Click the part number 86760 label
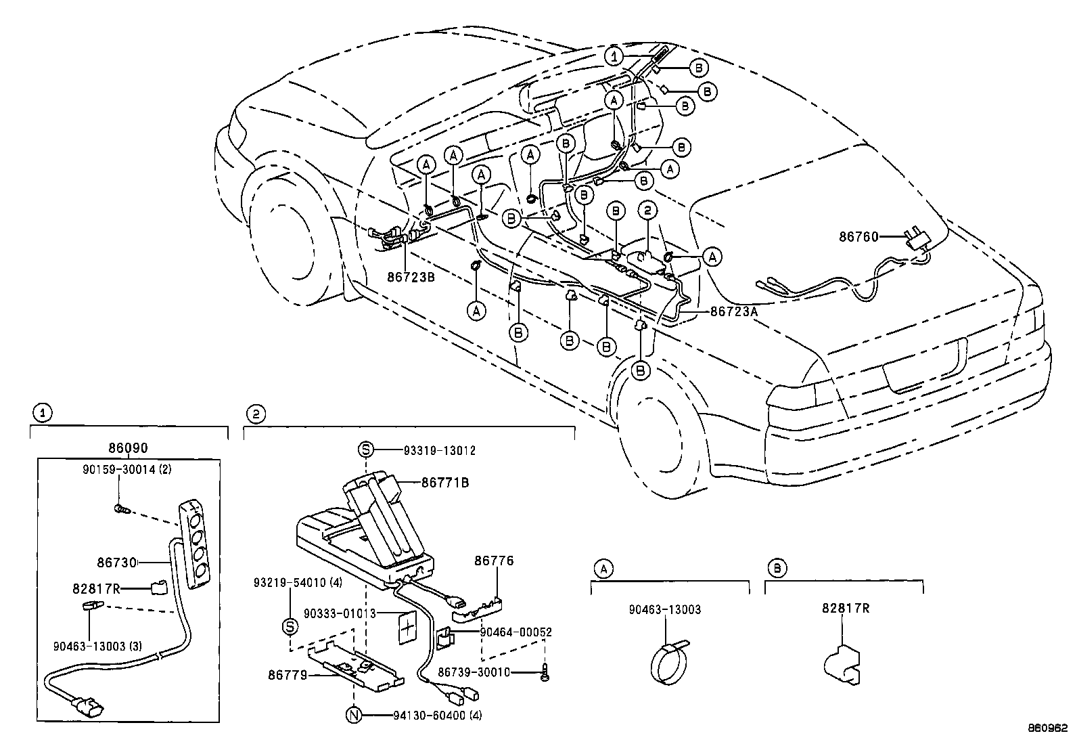tap(858, 237)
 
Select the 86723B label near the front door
tap(411, 277)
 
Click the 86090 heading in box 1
tap(128, 448)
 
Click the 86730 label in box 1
tap(116, 562)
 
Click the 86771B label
tap(444, 483)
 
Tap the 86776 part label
tap(493, 561)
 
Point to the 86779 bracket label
tap(288, 674)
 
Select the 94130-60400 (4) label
tap(437, 715)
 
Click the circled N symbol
tap(354, 715)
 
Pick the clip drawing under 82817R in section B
tap(843, 664)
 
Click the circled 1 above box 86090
tap(42, 413)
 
